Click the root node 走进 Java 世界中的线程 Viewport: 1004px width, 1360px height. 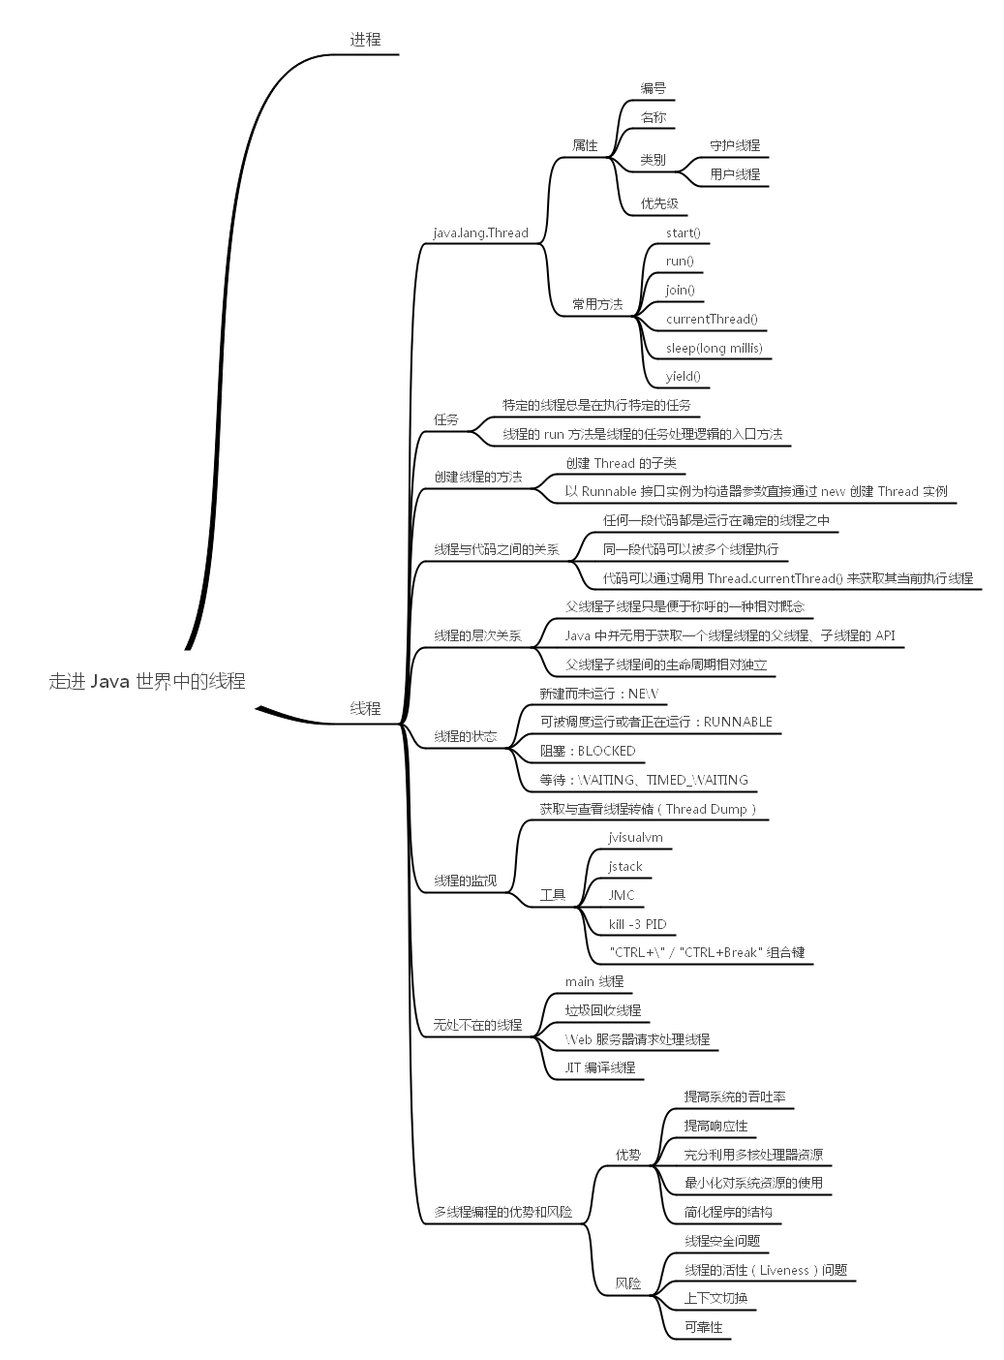(147, 681)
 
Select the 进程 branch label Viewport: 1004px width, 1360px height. (365, 40)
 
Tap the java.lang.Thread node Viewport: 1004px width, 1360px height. (480, 232)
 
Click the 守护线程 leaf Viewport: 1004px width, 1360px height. (735, 145)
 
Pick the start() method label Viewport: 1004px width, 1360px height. (683, 232)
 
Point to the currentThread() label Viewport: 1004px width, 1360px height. (712, 319)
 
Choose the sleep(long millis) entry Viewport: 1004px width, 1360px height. (714, 348)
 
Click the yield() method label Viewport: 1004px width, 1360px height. (683, 377)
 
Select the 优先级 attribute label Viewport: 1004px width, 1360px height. (658, 203)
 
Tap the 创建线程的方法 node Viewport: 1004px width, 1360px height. (477, 477)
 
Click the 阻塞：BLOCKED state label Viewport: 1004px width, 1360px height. (588, 751)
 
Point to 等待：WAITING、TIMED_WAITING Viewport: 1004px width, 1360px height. (644, 780)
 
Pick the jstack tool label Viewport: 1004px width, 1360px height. (625, 866)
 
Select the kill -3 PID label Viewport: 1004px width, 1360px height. (637, 924)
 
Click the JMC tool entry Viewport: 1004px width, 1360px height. (622, 895)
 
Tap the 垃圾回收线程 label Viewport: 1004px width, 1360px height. (603, 1010)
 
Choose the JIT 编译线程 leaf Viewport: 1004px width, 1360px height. (600, 1067)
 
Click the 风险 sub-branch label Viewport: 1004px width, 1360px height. (628, 1283)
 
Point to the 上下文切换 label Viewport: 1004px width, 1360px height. (715, 1298)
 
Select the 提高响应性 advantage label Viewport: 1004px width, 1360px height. (715, 1126)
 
